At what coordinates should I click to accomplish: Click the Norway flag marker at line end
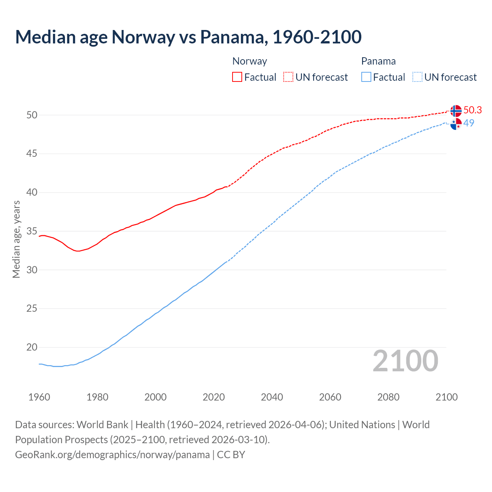click(x=456, y=111)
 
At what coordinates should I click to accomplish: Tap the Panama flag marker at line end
click(x=456, y=124)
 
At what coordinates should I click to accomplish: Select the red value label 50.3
click(x=472, y=110)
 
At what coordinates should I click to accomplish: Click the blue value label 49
click(x=469, y=123)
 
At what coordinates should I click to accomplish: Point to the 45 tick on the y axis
click(x=32, y=154)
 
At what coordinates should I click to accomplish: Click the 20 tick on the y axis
click(x=32, y=347)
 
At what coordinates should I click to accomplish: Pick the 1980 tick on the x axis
click(x=97, y=397)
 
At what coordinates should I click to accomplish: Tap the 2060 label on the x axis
click(x=330, y=397)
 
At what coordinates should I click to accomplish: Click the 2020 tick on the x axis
click(x=214, y=397)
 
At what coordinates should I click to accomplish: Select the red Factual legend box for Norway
click(x=237, y=77)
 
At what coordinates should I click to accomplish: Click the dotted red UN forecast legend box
click(x=288, y=77)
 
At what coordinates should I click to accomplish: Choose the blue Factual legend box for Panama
click(x=366, y=77)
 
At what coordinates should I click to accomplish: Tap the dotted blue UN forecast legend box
click(x=417, y=77)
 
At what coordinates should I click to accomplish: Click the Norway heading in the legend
click(x=249, y=61)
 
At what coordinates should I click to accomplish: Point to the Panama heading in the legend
click(x=378, y=61)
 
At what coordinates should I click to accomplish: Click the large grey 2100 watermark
click(x=405, y=361)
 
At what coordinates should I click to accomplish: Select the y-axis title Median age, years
click(x=16, y=239)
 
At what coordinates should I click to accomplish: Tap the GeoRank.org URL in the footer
click(x=112, y=454)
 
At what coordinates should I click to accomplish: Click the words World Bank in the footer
click(x=102, y=424)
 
